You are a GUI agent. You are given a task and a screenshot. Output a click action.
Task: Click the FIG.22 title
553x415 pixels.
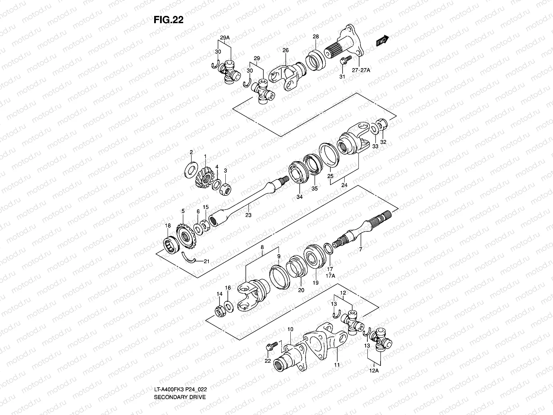(168, 20)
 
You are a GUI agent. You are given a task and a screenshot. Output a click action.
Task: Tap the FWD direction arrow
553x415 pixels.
(383, 41)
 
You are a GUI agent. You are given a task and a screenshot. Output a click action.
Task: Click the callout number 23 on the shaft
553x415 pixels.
(248, 215)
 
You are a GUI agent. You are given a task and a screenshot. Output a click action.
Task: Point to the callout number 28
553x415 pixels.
(316, 37)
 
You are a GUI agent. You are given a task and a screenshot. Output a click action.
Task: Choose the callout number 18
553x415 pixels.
(168, 225)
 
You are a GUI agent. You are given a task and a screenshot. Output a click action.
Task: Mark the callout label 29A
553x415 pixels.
(225, 37)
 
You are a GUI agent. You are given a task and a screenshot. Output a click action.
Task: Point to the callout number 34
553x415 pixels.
(299, 197)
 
